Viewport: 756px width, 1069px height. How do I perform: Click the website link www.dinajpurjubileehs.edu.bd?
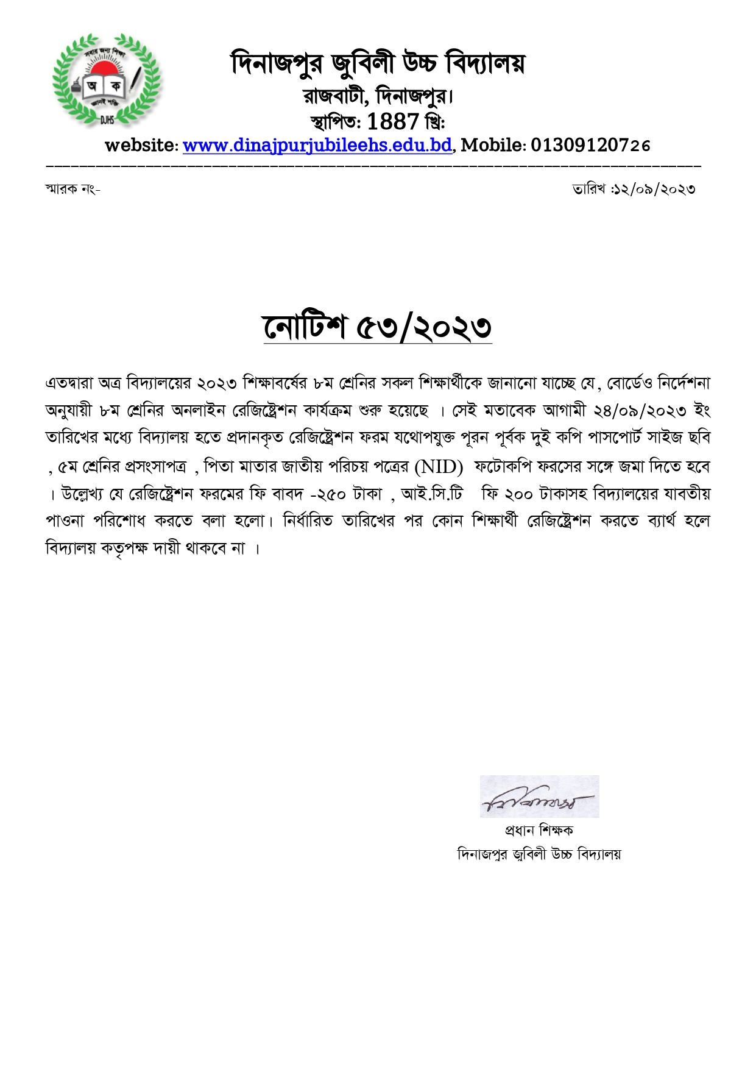point(317,145)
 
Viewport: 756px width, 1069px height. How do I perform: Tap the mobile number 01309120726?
point(590,145)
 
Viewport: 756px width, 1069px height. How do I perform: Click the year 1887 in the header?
point(393,121)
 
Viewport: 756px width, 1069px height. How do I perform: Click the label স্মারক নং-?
point(72,189)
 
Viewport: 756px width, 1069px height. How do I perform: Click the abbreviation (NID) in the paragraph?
point(439,467)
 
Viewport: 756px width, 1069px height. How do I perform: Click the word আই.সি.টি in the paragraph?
point(432,494)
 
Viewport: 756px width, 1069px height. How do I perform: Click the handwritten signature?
point(539,797)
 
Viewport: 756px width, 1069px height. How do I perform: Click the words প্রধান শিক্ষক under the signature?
point(539,830)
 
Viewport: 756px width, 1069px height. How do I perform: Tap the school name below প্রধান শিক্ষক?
point(539,854)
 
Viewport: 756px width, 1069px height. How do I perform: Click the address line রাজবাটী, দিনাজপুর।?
point(378,96)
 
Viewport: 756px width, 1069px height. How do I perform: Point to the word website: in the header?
point(141,145)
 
